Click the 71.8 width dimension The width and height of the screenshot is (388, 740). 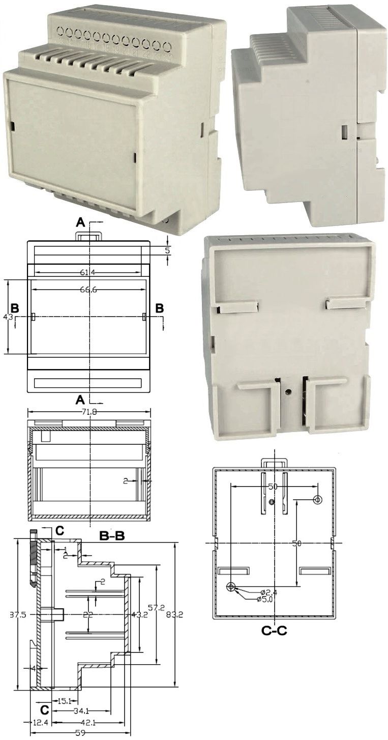point(91,412)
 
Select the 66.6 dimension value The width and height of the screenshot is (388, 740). point(88,289)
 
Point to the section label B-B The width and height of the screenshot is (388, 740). point(112,536)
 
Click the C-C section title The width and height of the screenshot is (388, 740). point(274,631)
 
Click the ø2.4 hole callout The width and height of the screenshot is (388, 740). point(268,592)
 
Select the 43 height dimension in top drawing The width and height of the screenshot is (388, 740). point(8,317)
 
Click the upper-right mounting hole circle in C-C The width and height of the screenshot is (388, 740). point(318,499)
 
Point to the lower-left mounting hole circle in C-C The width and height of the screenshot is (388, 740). point(231,587)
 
